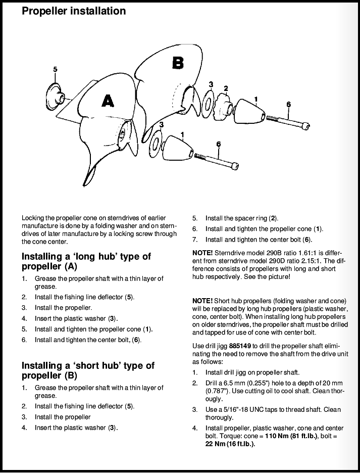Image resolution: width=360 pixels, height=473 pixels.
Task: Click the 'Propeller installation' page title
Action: (74, 11)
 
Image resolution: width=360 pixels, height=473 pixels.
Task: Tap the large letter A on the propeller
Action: (108, 101)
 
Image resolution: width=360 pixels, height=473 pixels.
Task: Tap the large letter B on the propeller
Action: (178, 63)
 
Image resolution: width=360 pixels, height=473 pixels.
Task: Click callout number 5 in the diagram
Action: (55, 69)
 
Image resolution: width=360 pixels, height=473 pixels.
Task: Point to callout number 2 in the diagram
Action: (226, 88)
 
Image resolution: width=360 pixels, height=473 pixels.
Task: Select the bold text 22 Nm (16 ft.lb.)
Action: (224, 444)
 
